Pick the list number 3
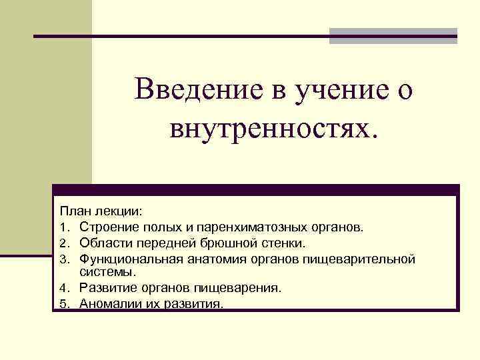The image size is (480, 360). click(63, 258)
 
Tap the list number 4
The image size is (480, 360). click(63, 289)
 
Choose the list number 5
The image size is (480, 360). click(63, 304)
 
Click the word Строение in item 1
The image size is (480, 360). click(106, 227)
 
